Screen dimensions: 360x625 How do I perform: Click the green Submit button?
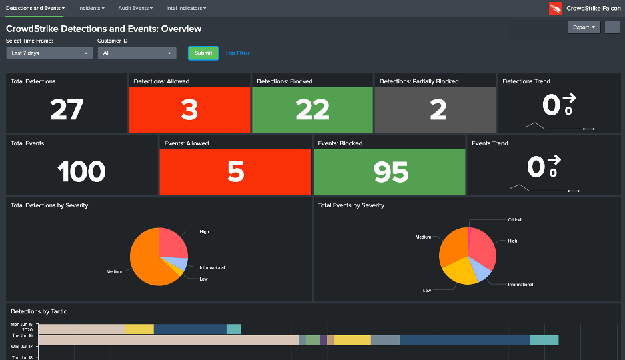[203, 53]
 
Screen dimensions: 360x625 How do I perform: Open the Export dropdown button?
[584, 27]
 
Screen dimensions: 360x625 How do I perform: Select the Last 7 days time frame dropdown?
[49, 53]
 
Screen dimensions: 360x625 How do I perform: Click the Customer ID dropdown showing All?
[137, 53]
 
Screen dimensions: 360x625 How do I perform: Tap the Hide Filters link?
[238, 53]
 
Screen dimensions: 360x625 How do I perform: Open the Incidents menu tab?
[92, 8]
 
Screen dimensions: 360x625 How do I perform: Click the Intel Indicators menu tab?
[186, 8]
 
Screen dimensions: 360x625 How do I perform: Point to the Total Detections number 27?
[67, 110]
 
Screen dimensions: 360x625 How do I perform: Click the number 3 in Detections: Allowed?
[189, 110]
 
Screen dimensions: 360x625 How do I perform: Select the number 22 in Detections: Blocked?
[312, 110]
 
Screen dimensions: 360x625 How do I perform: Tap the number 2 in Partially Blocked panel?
[438, 110]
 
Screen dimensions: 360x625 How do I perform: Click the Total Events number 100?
[81, 172]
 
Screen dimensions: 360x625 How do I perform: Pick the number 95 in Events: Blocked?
[390, 172]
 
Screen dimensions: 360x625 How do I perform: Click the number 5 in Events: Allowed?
[235, 172]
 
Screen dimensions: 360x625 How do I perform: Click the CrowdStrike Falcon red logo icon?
[555, 8]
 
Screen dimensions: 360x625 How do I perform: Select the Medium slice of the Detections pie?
[147, 263]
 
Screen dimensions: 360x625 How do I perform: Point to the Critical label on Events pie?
[514, 219]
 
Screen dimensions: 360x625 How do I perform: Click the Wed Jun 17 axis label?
[22, 347]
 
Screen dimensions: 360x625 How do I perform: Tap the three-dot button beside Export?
[612, 27]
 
